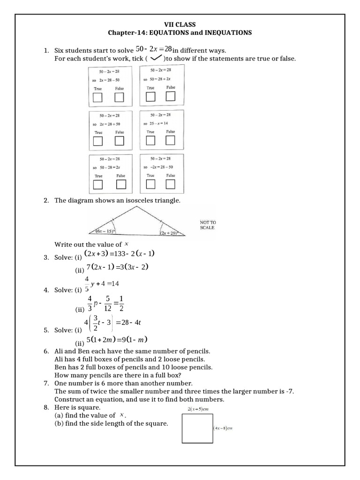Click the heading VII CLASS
(180, 24)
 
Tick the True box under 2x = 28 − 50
(98, 97)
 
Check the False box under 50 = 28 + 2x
(170, 96)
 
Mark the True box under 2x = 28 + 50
(98, 141)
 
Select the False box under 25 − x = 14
(170, 140)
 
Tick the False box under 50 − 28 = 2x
(120, 185)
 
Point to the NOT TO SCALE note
(207, 225)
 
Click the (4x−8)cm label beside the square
(223, 427)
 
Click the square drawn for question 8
(197, 429)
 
